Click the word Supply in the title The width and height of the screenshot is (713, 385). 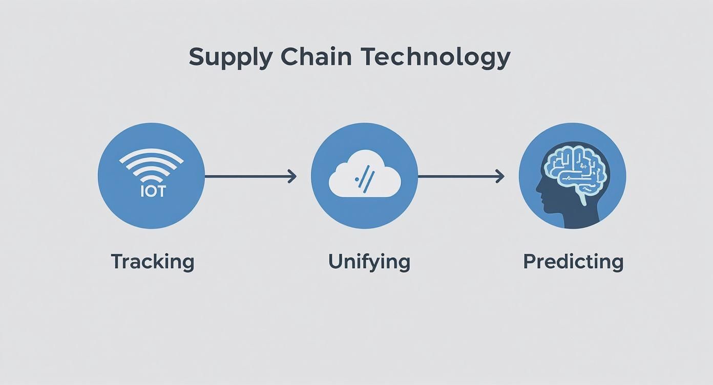(x=230, y=57)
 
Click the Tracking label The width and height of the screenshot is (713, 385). (x=153, y=262)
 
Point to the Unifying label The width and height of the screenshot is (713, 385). (x=369, y=262)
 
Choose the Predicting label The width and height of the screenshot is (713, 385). (x=573, y=262)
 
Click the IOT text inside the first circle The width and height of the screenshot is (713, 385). (x=153, y=191)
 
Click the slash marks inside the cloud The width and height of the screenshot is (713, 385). (x=365, y=178)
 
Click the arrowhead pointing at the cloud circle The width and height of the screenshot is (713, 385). (x=292, y=177)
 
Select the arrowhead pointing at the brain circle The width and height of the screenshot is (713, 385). (x=500, y=177)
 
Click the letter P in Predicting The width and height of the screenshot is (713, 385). (x=529, y=262)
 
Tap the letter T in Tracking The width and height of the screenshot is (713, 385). (x=118, y=262)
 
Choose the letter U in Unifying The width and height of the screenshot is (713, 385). (x=335, y=262)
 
